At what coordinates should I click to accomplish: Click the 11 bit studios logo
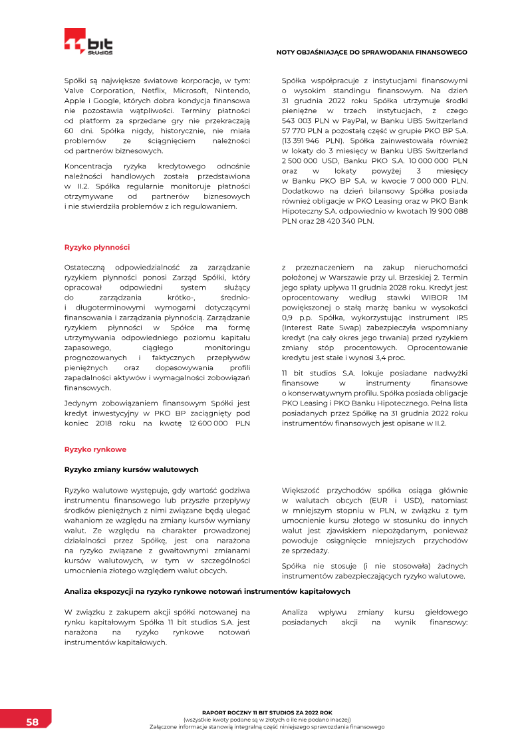(88, 41)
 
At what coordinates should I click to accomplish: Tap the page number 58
(32, 722)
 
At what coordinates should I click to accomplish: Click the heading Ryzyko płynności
(96, 247)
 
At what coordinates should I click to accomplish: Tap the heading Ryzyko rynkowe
(95, 449)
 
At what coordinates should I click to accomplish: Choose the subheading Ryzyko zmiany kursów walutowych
(131, 469)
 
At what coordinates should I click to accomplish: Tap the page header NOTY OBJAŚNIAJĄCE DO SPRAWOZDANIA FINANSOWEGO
(372, 52)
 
